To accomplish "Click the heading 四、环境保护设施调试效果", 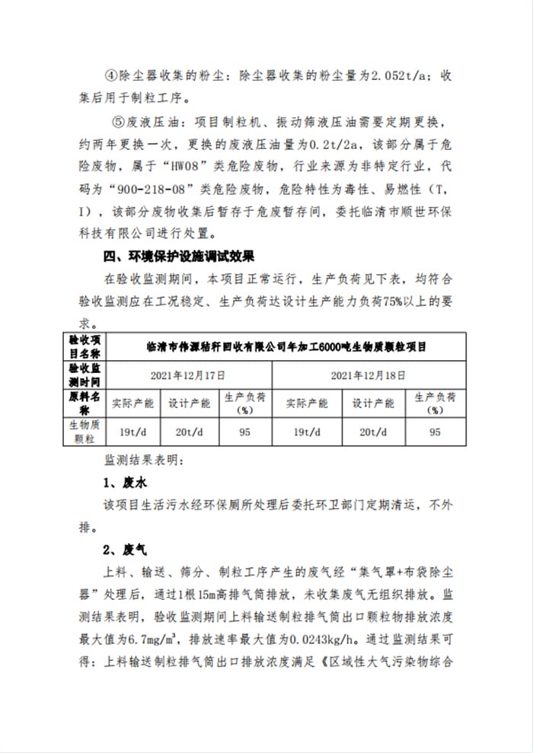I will (179, 254).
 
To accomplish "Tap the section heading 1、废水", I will (120, 483).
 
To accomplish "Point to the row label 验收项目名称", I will (85, 346).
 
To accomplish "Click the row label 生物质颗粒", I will (85, 432).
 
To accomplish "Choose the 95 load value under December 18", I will (435, 432).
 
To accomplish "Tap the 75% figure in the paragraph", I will (369, 299).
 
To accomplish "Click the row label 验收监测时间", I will (85, 375).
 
